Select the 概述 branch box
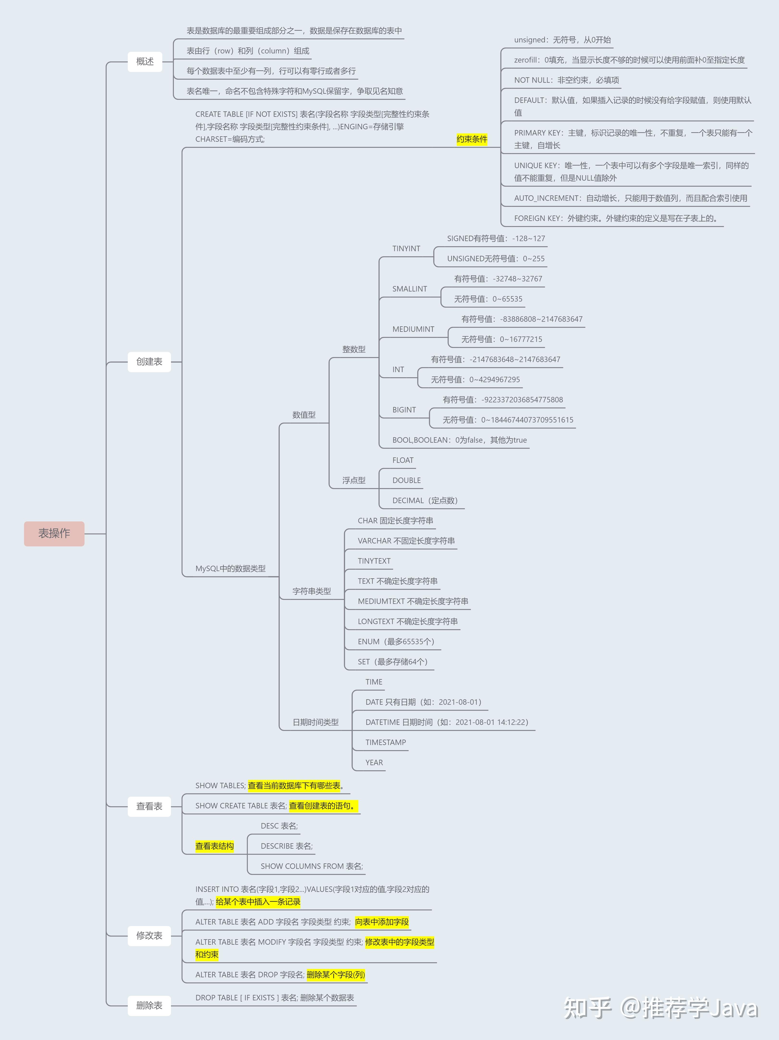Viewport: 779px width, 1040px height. tap(145, 62)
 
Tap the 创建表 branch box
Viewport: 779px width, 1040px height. tap(149, 362)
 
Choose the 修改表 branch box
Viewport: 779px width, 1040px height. tap(149, 935)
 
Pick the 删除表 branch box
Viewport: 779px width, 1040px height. tap(149, 1005)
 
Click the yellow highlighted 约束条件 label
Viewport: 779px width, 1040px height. tap(472, 139)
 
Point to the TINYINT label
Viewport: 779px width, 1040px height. tap(406, 249)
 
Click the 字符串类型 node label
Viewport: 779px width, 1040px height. tap(311, 591)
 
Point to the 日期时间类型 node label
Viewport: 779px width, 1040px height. tap(315, 722)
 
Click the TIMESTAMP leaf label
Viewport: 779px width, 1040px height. tap(385, 742)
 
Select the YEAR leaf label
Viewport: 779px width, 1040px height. tap(374, 763)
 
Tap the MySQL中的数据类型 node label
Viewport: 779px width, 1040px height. tap(230, 568)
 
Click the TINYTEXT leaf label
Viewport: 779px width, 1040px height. tap(374, 561)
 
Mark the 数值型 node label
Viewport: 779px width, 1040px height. tap(304, 415)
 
